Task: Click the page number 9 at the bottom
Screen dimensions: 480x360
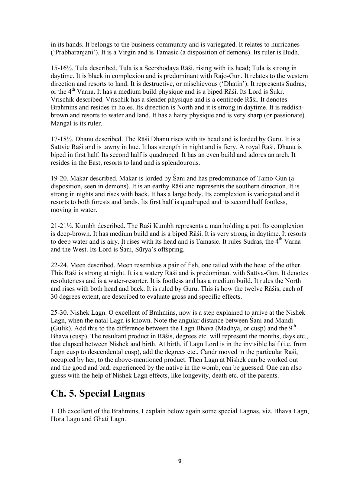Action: [180, 461]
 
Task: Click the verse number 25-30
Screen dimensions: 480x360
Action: [60, 313]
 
